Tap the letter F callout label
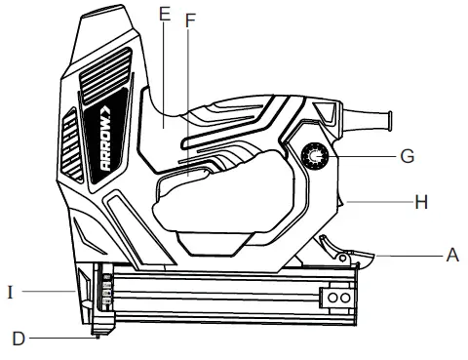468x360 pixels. [x=190, y=20]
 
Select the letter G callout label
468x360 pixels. [x=407, y=155]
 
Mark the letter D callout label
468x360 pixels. [x=17, y=339]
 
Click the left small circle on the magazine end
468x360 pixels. [x=331, y=296]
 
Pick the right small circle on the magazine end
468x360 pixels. [x=345, y=296]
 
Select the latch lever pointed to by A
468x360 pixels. [x=355, y=257]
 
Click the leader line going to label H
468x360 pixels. [x=380, y=202]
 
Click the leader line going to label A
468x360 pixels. [x=409, y=254]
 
